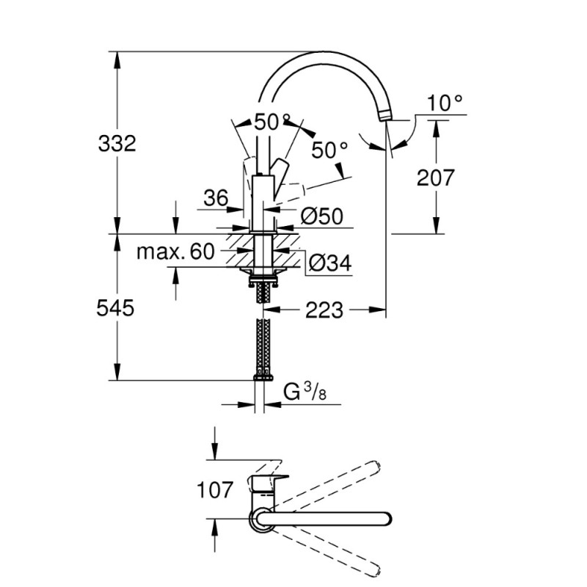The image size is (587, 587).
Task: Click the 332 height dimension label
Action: pyautogui.click(x=117, y=143)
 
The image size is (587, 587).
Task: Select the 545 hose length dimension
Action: pyautogui.click(x=117, y=309)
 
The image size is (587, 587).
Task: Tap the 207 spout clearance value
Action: pyautogui.click(x=436, y=177)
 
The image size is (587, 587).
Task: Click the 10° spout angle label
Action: pyautogui.click(x=446, y=103)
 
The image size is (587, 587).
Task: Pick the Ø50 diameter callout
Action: pyautogui.click(x=323, y=216)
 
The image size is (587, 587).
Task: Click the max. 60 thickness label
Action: pyautogui.click(x=175, y=252)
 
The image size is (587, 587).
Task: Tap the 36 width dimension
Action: pyautogui.click(x=216, y=197)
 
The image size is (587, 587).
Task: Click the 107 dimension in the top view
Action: pyautogui.click(x=216, y=489)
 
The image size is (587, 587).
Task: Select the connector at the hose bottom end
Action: pyautogui.click(x=263, y=376)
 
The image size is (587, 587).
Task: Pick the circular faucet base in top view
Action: pyautogui.click(x=261, y=519)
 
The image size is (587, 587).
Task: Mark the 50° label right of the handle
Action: pyautogui.click(x=329, y=150)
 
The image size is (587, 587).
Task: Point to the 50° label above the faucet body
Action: pyautogui.click(x=272, y=122)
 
